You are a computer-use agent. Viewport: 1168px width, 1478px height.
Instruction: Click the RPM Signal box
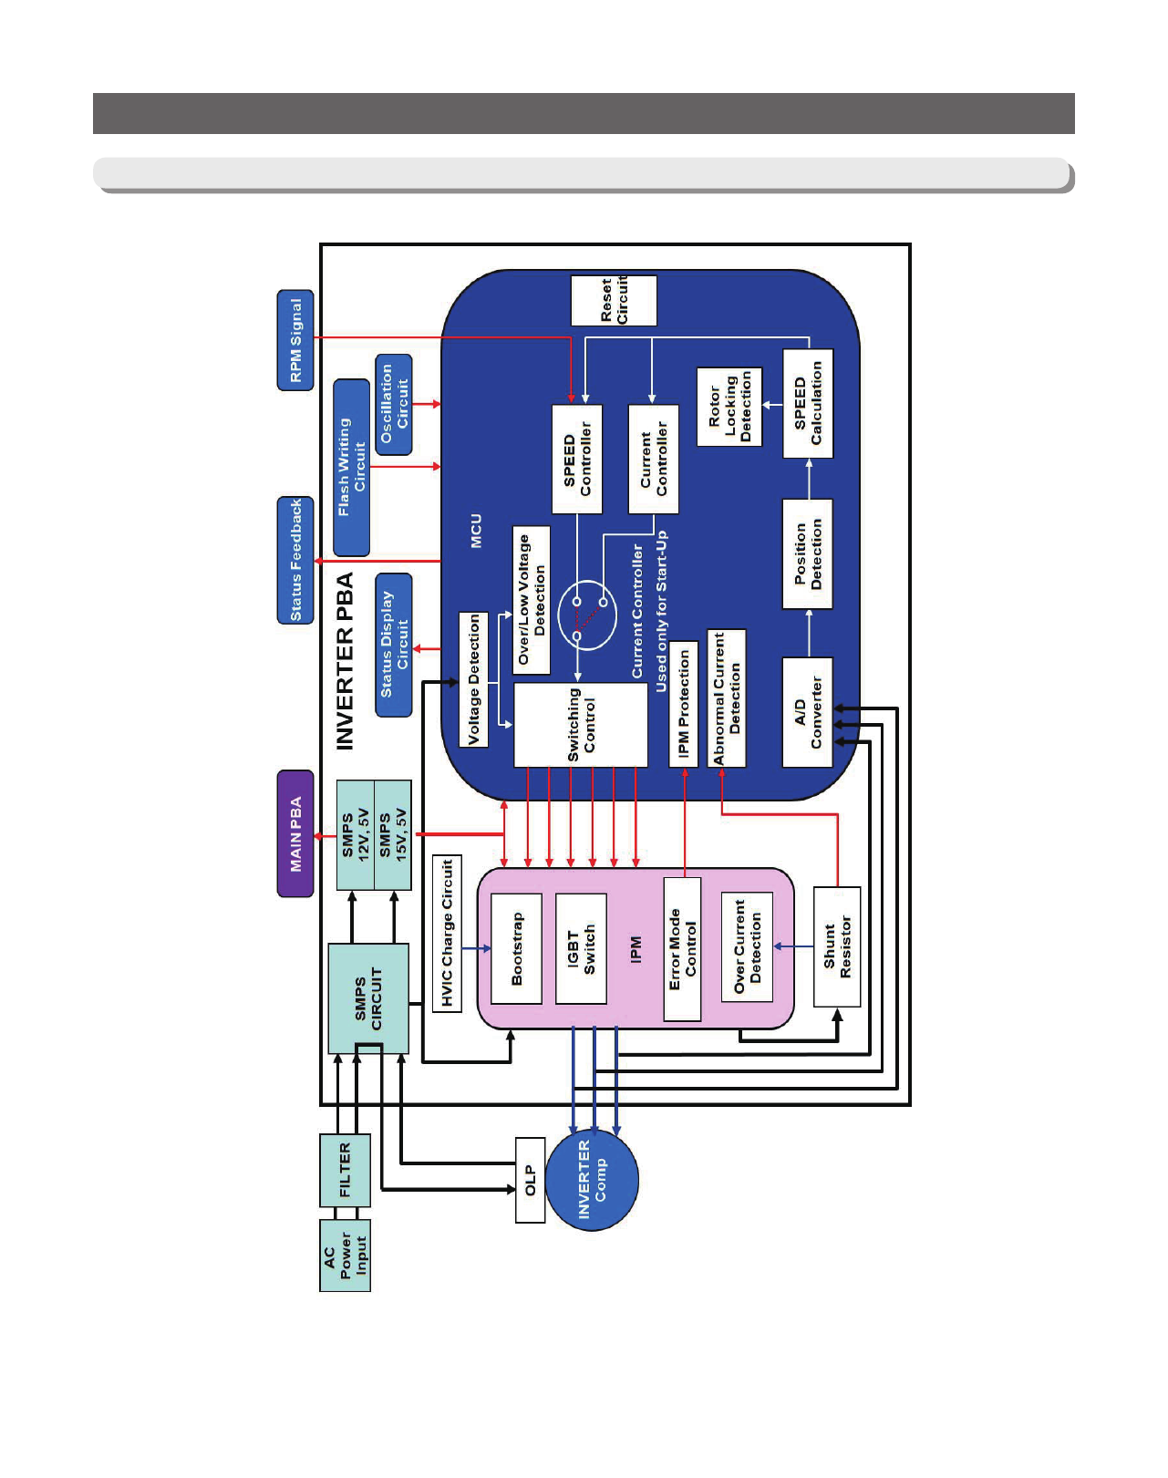tap(295, 340)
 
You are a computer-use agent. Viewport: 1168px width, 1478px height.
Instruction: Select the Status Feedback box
tap(295, 560)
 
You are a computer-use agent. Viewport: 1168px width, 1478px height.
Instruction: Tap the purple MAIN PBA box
tap(295, 833)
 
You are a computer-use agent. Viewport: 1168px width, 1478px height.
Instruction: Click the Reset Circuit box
tap(614, 301)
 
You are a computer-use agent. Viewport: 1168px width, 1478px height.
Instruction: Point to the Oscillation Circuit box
tap(394, 405)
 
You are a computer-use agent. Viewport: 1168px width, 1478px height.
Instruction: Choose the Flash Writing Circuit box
tap(351, 468)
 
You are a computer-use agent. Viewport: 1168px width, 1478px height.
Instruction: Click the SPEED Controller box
tap(577, 459)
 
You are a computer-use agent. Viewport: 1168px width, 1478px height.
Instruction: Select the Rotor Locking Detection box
tap(729, 407)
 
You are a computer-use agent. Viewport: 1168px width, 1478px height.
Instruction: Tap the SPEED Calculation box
tap(808, 403)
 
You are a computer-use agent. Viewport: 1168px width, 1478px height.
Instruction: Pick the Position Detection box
tap(807, 554)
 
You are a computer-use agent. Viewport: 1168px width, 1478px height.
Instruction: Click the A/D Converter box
tap(807, 712)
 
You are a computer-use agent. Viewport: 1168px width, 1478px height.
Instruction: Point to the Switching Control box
tap(581, 725)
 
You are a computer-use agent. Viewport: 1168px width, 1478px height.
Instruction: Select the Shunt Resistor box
tap(837, 946)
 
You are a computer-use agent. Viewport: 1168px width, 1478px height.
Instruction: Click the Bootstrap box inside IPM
tap(517, 948)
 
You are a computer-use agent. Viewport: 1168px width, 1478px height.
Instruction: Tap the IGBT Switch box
tap(581, 948)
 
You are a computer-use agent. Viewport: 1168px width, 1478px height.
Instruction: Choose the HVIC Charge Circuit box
tap(447, 934)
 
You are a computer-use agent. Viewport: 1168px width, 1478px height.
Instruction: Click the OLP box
tap(530, 1180)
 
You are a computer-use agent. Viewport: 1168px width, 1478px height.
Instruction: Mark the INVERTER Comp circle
tap(593, 1180)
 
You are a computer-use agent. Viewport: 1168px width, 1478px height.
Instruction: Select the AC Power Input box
tap(345, 1256)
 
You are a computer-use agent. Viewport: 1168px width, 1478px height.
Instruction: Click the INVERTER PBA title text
tap(345, 661)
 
